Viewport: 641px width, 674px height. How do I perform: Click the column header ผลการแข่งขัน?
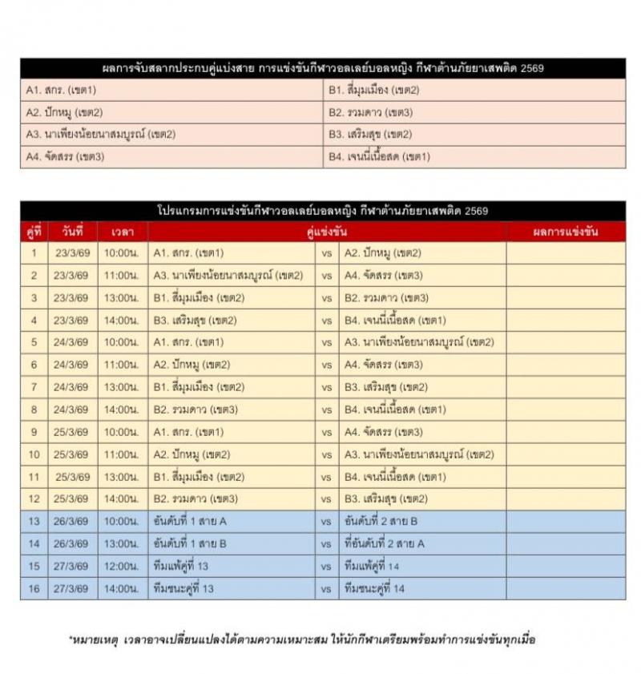(566, 232)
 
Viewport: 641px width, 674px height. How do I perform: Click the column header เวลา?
(123, 232)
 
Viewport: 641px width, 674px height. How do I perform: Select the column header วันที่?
(72, 232)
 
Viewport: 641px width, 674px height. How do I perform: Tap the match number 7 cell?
(34, 387)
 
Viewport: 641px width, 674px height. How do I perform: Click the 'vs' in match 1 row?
(326, 253)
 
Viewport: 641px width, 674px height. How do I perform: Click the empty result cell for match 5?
(566, 342)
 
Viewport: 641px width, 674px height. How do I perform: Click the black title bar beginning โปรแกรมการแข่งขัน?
(323, 211)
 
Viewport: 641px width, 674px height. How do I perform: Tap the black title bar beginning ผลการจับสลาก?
(323, 68)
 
